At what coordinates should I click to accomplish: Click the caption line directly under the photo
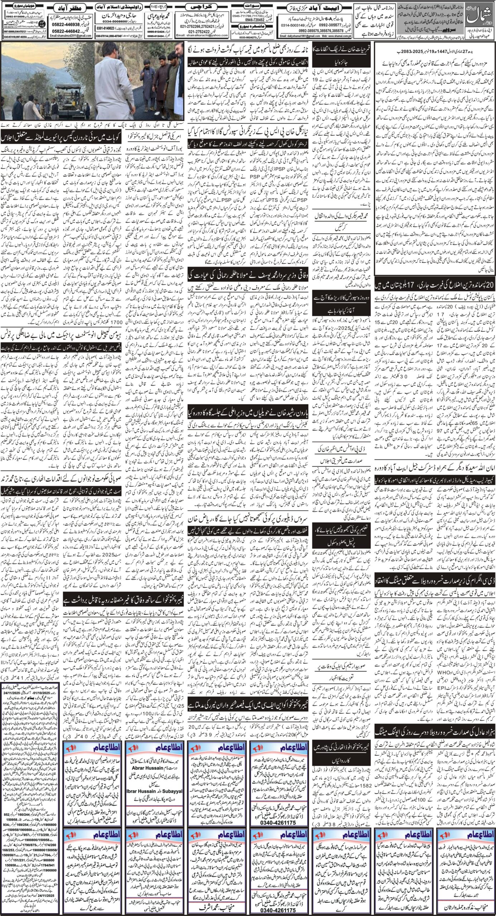92,127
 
